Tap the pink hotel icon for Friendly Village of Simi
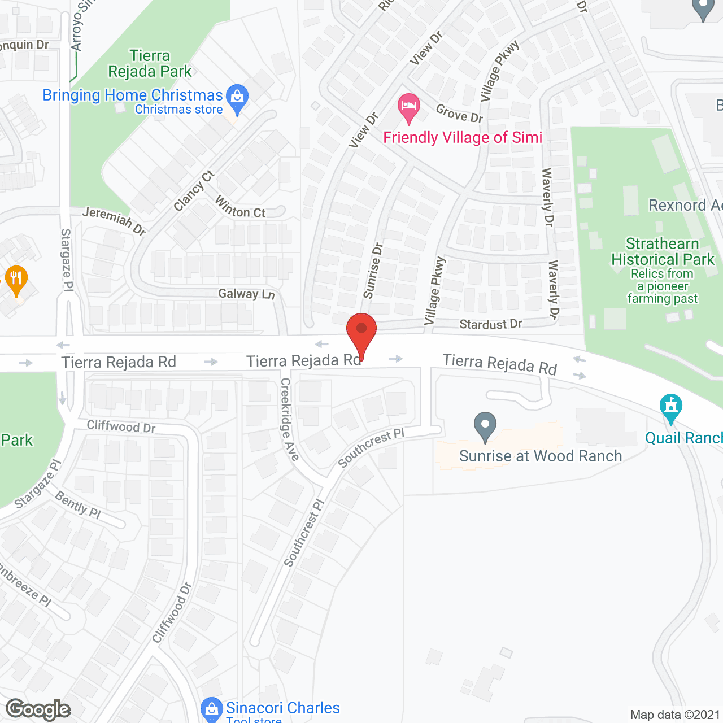click(x=409, y=107)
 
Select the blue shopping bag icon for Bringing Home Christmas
click(x=237, y=97)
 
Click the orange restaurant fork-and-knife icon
click(x=16, y=278)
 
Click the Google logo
click(x=38, y=709)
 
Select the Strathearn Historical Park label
click(x=663, y=252)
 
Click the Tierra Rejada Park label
click(x=150, y=63)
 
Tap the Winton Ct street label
click(x=240, y=207)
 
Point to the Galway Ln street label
click(x=246, y=294)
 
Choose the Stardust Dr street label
click(x=490, y=324)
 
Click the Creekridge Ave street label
click(x=289, y=419)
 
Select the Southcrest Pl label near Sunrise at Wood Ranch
click(x=371, y=448)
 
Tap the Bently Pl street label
click(x=78, y=504)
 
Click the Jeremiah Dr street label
click(x=114, y=220)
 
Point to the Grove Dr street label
click(x=459, y=114)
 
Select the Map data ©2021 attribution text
click(x=675, y=715)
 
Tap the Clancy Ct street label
click(x=194, y=190)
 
